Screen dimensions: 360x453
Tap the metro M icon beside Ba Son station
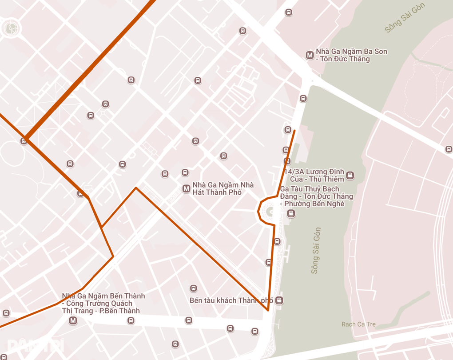310,55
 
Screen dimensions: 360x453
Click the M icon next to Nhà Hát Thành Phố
187,188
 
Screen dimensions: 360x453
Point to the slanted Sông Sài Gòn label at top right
405,18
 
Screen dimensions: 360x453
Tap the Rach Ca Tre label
358,324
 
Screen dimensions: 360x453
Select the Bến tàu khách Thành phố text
231,300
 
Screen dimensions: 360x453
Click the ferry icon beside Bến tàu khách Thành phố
279,300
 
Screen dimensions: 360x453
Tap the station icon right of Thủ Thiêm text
350,175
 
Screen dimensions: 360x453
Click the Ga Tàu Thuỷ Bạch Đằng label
316,196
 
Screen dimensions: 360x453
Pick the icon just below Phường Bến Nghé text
291,214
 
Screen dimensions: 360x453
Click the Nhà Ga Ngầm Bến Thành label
103,303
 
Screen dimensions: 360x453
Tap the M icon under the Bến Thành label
73,320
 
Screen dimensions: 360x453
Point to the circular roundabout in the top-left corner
10,28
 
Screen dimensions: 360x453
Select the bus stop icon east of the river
449,149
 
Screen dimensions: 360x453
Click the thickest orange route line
89,71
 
